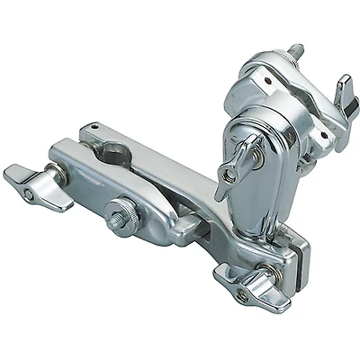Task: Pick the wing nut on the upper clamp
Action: (343, 92)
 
